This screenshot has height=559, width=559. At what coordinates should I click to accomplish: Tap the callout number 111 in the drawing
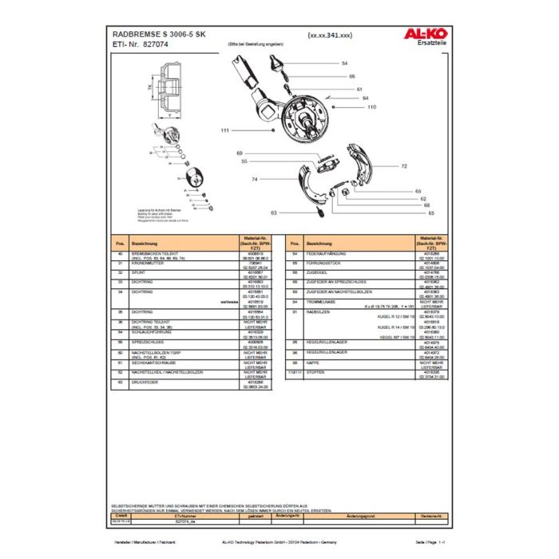click(225, 129)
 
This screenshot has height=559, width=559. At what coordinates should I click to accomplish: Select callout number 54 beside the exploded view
click(345, 61)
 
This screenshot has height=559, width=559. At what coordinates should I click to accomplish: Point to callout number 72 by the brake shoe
click(404, 166)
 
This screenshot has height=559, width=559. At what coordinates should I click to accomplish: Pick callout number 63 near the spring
click(274, 212)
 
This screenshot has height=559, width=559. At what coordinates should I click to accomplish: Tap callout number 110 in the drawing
click(371, 106)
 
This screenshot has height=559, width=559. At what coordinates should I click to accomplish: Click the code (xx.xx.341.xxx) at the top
click(329, 36)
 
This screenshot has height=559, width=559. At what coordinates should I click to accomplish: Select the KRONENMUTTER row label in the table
click(148, 263)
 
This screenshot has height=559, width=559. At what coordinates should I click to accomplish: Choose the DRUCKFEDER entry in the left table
click(146, 383)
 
